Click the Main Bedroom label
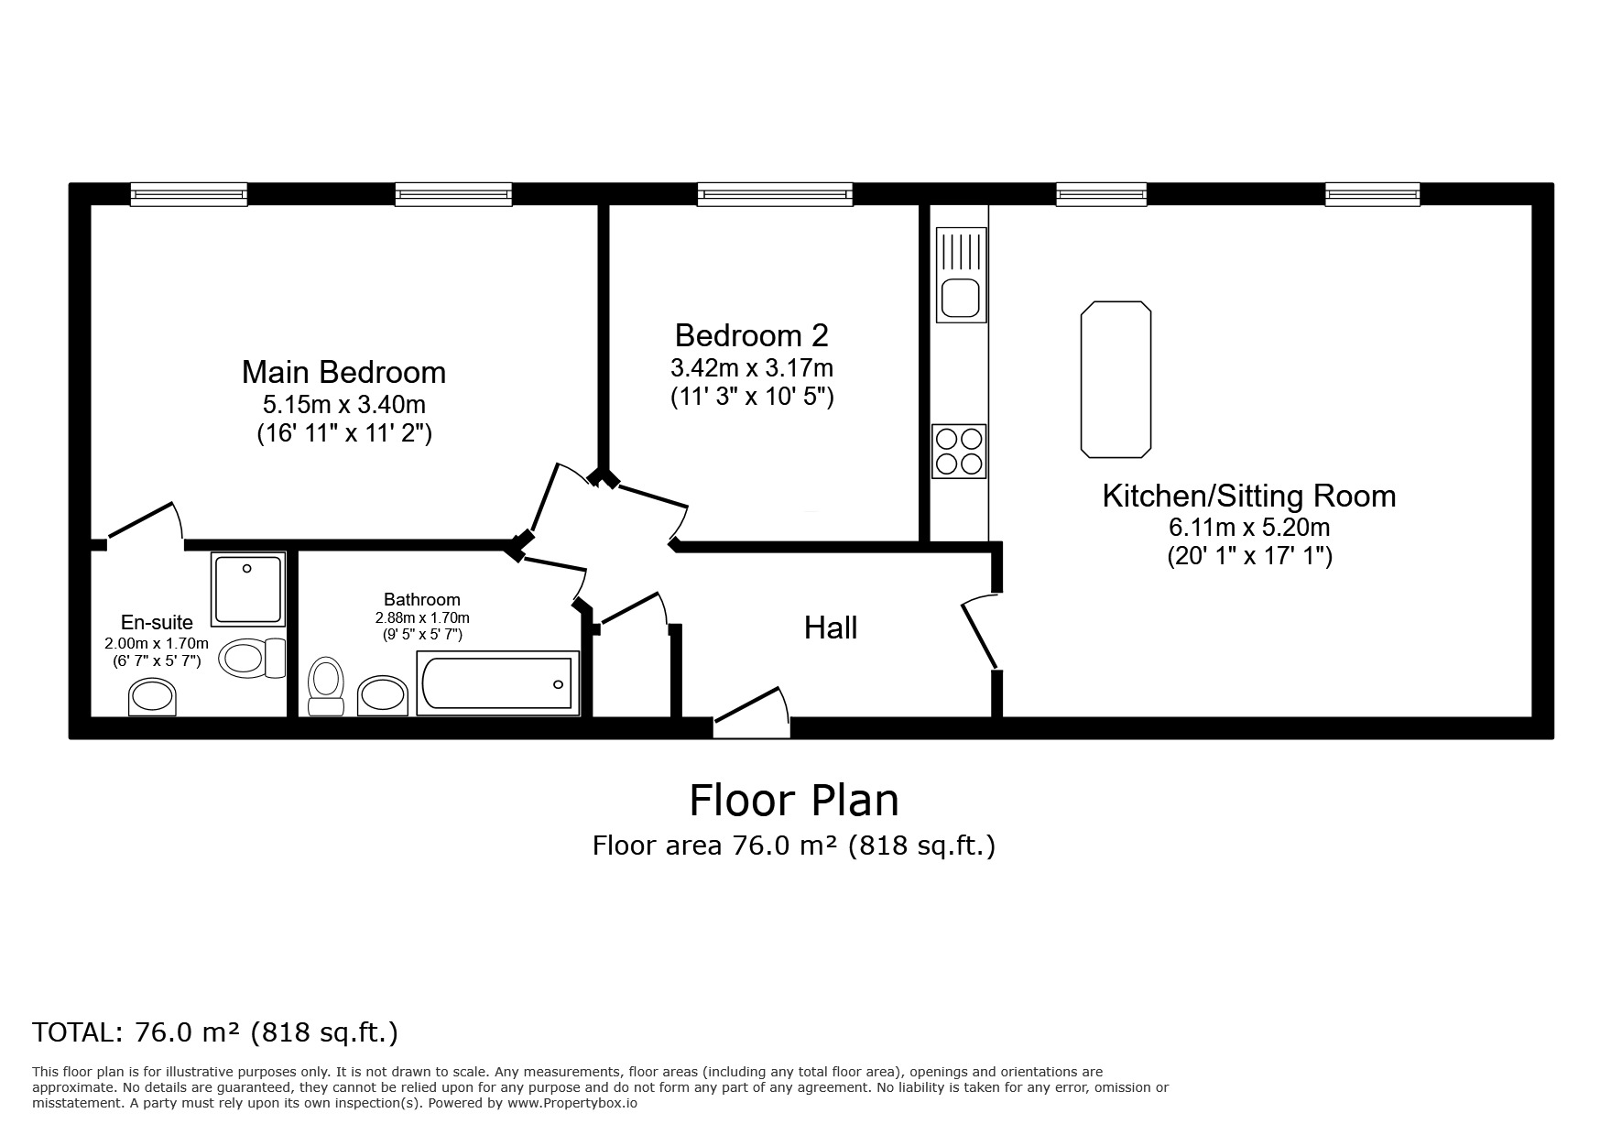[343, 372]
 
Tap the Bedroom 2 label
[751, 335]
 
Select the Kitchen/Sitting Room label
[1248, 496]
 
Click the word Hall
[831, 628]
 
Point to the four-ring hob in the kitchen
[959, 451]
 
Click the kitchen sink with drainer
[961, 274]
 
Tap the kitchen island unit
[1115, 378]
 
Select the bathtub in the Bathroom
[497, 683]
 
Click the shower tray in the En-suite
[247, 586]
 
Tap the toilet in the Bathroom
[325, 684]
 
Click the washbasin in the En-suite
[152, 697]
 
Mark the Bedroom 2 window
[775, 193]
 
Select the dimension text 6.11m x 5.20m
[1248, 528]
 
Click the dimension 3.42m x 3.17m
[751, 368]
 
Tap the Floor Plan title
[793, 800]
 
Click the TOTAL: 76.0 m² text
[215, 1032]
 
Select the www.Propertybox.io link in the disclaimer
[572, 1103]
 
